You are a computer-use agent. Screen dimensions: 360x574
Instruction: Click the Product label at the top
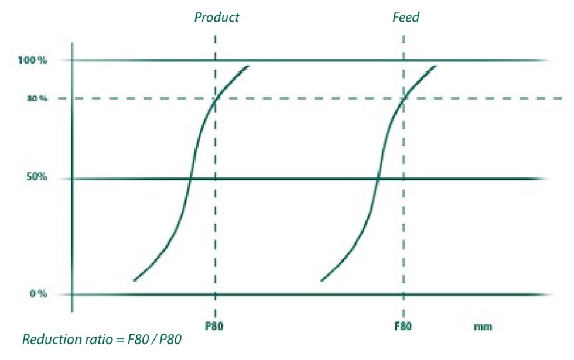217,17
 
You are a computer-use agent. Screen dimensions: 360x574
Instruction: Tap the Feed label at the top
406,17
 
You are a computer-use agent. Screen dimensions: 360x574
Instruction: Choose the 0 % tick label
37,294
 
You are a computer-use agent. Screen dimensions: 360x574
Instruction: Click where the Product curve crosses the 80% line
216,98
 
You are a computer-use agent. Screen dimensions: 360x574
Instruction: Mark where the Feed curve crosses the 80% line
403,98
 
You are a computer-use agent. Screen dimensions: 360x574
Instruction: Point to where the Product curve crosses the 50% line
190,179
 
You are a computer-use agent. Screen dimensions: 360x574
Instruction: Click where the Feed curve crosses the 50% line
377,179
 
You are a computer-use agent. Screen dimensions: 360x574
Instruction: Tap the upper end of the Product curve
249,66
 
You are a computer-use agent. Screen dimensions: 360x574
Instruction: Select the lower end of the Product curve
134,280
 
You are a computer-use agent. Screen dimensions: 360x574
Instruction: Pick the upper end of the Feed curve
436,66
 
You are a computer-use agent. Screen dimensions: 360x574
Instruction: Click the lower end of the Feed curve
322,280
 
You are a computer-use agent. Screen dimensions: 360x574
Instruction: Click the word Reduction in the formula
47,340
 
